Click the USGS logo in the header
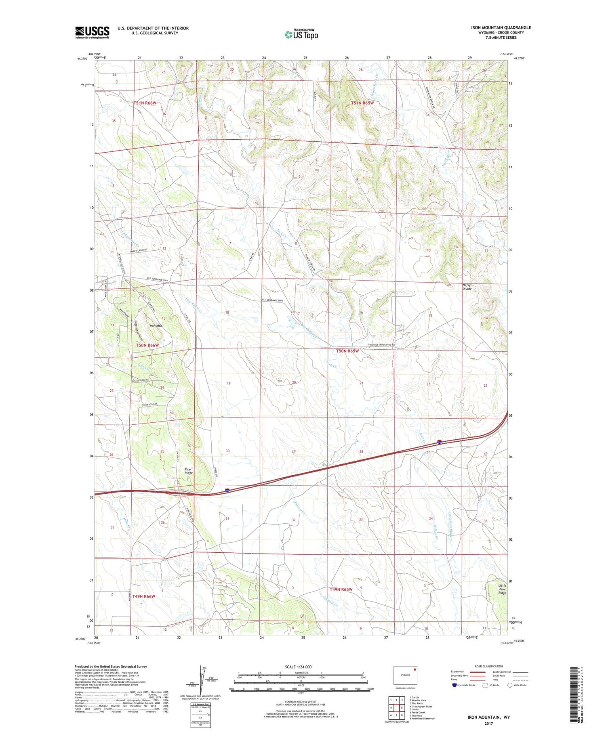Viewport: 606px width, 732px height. (92, 32)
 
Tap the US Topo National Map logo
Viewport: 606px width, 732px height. (301, 34)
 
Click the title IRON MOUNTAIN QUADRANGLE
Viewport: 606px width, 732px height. (501, 27)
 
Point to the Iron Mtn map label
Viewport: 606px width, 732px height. (156, 325)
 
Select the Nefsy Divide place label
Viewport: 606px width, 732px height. (467, 287)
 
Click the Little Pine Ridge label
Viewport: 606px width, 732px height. (502, 589)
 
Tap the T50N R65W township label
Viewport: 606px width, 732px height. (347, 351)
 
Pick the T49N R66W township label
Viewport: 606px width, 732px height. (144, 596)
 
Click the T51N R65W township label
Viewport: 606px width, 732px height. (362, 103)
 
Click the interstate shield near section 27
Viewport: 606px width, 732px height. (439, 442)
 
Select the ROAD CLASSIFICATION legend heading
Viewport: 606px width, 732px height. (489, 666)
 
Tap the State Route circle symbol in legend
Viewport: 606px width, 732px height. (510, 685)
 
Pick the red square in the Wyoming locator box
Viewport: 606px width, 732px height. (415, 669)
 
